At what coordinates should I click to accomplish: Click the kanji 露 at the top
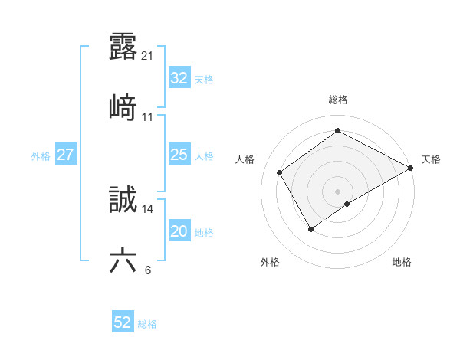pyautogui.click(x=123, y=47)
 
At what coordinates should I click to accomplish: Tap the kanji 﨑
pyautogui.click(x=123, y=107)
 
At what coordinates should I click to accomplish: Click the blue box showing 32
pyautogui.click(x=179, y=78)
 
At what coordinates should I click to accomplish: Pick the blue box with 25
pyautogui.click(x=179, y=155)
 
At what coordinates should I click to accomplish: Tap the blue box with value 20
pyautogui.click(x=179, y=231)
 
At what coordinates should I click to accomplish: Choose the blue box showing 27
pyautogui.click(x=65, y=155)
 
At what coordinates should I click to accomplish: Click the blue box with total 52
pyautogui.click(x=123, y=322)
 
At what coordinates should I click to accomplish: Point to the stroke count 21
pyautogui.click(x=148, y=55)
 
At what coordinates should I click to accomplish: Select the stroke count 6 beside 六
pyautogui.click(x=147, y=270)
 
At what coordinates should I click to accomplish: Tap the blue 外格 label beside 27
pyautogui.click(x=41, y=155)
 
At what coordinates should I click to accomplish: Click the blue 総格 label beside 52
pyautogui.click(x=147, y=324)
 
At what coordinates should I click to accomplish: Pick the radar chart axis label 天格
pyautogui.click(x=431, y=159)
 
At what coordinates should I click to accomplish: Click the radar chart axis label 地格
pyautogui.click(x=402, y=262)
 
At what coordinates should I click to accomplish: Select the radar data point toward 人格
pyautogui.click(x=280, y=172)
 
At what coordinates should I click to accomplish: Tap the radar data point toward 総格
pyautogui.click(x=338, y=130)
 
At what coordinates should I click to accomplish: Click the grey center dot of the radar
pyautogui.click(x=338, y=191)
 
